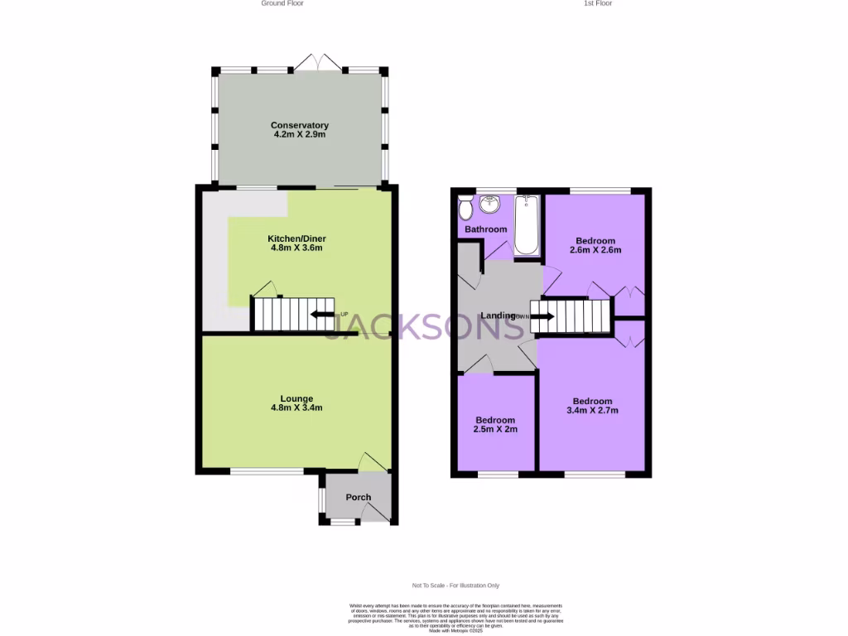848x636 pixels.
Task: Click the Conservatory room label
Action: [299, 125]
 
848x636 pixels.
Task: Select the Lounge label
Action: [296, 398]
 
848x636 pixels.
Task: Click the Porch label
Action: [359, 498]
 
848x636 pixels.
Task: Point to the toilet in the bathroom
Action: [465, 205]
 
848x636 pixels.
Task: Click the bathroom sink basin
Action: [491, 203]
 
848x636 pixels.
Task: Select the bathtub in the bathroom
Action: [526, 224]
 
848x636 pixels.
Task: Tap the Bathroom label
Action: [485, 229]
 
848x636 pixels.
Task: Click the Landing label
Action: [499, 316]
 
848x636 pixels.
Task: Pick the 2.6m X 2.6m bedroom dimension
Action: [595, 250]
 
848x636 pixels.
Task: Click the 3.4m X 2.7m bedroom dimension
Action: [592, 410]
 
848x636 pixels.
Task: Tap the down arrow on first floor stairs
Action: [542, 316]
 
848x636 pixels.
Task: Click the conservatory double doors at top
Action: [318, 63]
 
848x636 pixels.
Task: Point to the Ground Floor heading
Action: [282, 3]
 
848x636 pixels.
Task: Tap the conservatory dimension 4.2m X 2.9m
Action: [299, 134]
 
